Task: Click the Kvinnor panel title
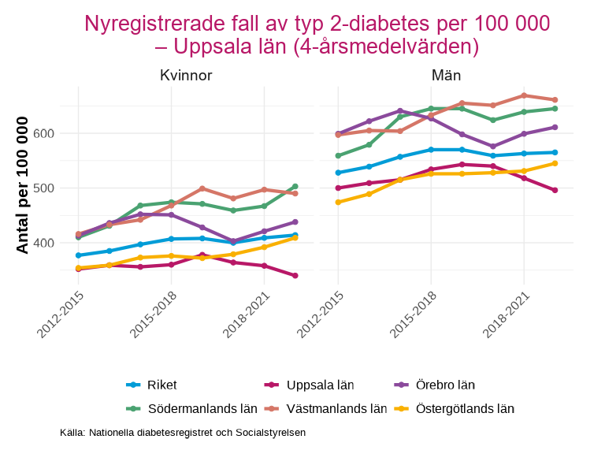185,76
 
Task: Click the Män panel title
446,76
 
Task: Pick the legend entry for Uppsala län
309,385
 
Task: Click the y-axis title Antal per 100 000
23,185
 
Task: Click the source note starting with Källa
183,433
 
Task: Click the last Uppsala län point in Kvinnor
295,276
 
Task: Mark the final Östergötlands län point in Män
555,163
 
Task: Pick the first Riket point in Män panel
338,173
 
